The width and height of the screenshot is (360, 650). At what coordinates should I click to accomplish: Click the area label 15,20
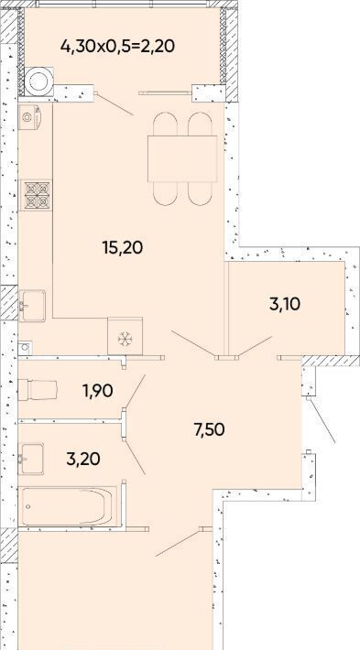[x=123, y=247]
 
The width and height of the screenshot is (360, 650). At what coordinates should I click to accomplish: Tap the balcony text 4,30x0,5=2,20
[x=117, y=46]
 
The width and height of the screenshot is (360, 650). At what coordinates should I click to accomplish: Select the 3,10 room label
[x=285, y=304]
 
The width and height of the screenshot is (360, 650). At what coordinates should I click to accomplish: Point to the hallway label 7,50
[x=209, y=430]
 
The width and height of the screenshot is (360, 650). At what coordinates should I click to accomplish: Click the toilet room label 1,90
[x=98, y=391]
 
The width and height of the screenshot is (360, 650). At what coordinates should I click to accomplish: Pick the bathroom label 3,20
[x=83, y=459]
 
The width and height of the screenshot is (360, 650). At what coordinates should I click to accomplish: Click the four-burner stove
[x=37, y=195]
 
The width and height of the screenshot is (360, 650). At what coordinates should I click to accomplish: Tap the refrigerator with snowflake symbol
[x=125, y=336]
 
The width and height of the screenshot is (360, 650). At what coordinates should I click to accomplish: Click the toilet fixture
[x=38, y=390]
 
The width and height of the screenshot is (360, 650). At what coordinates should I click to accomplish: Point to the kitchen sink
[x=32, y=306]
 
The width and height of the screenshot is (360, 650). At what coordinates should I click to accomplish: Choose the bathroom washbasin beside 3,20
[x=31, y=459]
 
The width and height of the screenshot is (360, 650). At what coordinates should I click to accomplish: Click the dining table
[x=182, y=158]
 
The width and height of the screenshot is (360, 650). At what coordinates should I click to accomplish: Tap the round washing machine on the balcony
[x=39, y=81]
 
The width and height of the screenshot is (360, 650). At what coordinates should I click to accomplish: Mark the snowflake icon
[x=125, y=339]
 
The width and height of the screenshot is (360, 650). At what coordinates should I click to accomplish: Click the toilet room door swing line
[x=136, y=391]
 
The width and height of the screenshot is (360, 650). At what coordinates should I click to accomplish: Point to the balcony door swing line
[x=115, y=105]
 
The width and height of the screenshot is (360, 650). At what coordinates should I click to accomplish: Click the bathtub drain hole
[x=27, y=506]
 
